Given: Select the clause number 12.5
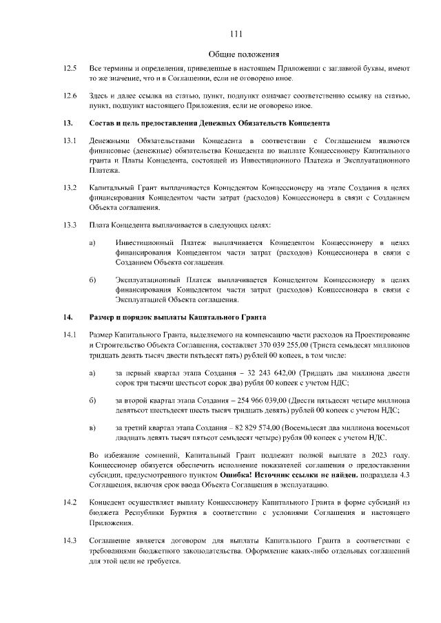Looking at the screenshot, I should click(x=69, y=69).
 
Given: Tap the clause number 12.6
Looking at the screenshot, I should click(x=69, y=95).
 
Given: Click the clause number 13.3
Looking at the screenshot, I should click(x=69, y=225).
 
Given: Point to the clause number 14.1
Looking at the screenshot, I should click(x=69, y=334).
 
